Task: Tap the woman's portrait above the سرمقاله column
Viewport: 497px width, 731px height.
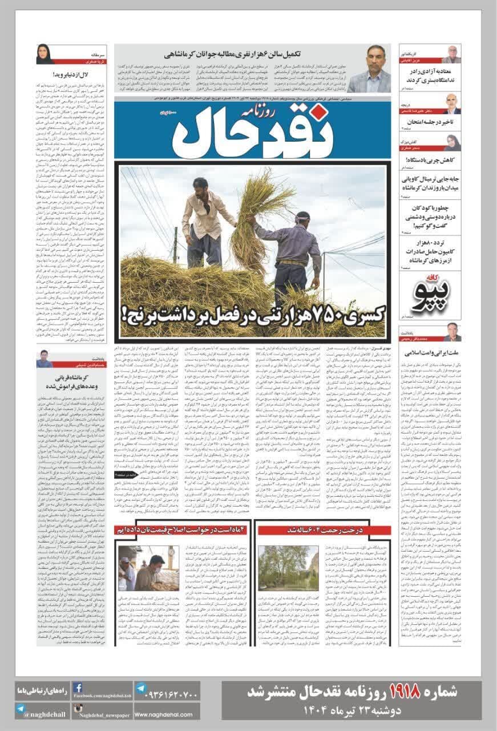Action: click(45, 55)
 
